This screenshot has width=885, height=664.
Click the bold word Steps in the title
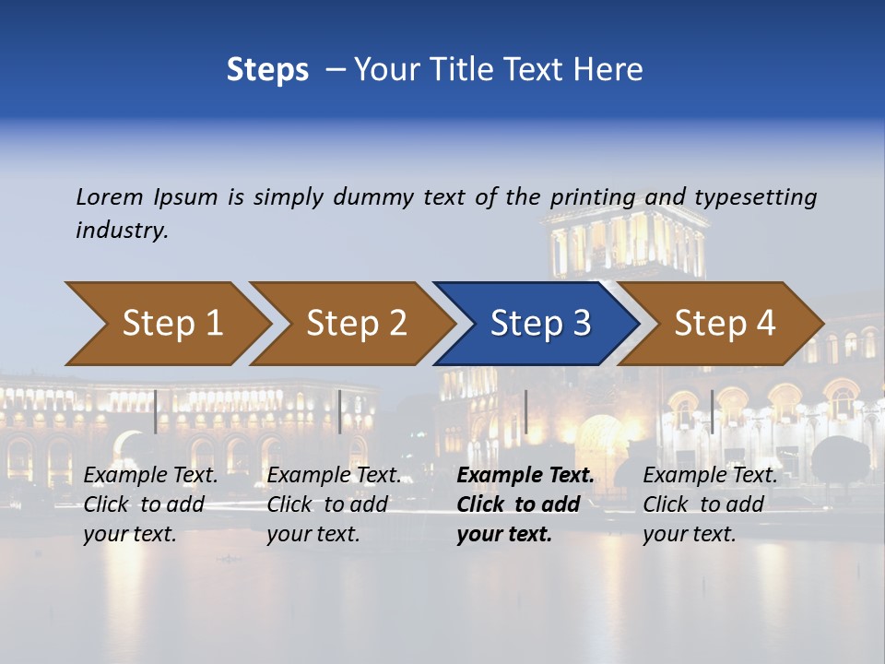(267, 70)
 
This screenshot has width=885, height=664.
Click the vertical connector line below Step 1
(156, 411)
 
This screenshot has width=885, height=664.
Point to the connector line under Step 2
(340, 411)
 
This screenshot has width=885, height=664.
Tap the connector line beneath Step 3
(525, 411)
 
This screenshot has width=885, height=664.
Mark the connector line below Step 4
(712, 411)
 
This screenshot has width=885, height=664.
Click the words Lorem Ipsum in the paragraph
(147, 197)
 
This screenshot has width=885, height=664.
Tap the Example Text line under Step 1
(150, 476)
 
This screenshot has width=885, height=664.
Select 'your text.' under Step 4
(689, 534)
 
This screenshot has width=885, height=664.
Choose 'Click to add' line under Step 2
(327, 505)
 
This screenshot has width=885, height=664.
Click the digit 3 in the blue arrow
(580, 324)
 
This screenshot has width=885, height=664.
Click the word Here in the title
(613, 70)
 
